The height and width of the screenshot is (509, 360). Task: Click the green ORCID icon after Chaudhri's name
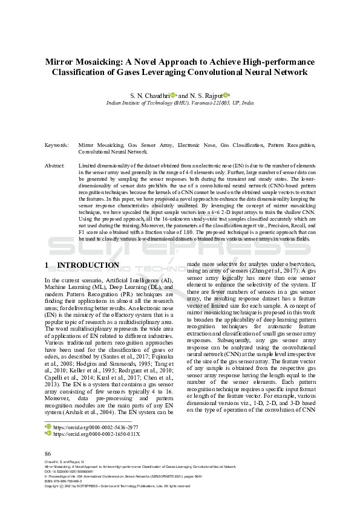pos(172,95)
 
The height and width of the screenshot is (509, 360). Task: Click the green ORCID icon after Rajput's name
pos(225,95)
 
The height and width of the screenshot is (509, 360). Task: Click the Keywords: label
pos(56,146)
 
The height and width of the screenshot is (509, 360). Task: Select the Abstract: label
pos(55,165)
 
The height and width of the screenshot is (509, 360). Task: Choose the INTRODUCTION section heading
pos(88,265)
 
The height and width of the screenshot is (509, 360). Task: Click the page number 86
pos(48,453)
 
